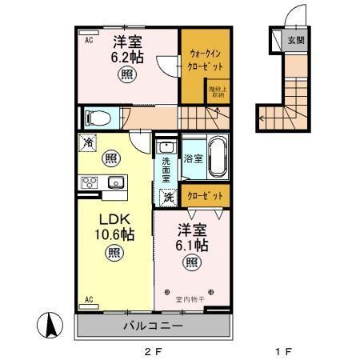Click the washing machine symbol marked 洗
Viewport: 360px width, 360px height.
(168, 197)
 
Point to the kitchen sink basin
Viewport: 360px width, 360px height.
(114, 182)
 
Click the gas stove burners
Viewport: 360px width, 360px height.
(89, 182)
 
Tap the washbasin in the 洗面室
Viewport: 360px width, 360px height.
(166, 146)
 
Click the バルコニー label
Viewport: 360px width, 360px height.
(153, 326)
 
